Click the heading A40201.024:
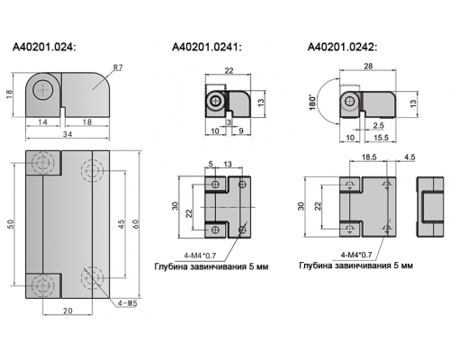coord(44,47)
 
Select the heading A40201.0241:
coord(206,47)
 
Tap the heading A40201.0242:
coord(342,47)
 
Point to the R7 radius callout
coord(118,67)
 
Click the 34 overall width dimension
coord(67,134)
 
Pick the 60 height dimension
coord(136,223)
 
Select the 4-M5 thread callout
coord(127,303)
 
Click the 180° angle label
coord(313,103)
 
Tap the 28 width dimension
coord(368,66)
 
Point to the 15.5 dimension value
coord(381,138)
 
